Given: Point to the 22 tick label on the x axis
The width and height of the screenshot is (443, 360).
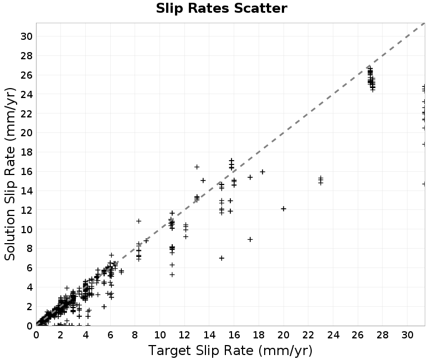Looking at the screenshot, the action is pyautogui.click(x=308, y=335).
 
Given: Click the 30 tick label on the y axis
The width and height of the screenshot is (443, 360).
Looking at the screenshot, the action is pyautogui.click(x=26, y=37).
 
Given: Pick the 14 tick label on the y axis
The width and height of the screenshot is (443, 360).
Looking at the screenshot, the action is pyautogui.click(x=26, y=191).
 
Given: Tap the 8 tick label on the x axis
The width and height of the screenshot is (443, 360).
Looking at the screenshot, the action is pyautogui.click(x=135, y=335).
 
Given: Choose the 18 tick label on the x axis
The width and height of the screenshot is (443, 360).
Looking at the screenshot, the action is pyautogui.click(x=259, y=335).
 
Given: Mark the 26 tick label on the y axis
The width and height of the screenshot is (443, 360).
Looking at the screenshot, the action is pyautogui.click(x=26, y=75).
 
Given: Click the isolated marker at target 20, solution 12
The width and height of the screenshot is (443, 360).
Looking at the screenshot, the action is pyautogui.click(x=284, y=209).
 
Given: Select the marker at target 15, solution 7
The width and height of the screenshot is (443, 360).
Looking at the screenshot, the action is pyautogui.click(x=222, y=258).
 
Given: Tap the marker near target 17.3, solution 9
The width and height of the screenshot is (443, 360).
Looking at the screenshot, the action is pyautogui.click(x=250, y=239).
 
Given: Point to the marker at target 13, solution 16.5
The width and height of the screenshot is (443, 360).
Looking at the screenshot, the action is pyautogui.click(x=197, y=167).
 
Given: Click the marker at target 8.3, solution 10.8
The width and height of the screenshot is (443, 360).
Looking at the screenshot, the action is pyautogui.click(x=139, y=221).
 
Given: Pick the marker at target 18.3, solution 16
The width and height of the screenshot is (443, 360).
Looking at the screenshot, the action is pyautogui.click(x=262, y=172).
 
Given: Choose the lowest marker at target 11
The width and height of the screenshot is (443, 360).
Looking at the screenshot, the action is pyautogui.click(x=172, y=274).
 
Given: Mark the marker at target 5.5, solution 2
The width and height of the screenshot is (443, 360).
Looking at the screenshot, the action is pyautogui.click(x=104, y=307).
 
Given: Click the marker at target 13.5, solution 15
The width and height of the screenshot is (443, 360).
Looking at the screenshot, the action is pyautogui.click(x=203, y=181).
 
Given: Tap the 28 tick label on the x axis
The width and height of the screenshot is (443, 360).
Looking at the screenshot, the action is pyautogui.click(x=383, y=335).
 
